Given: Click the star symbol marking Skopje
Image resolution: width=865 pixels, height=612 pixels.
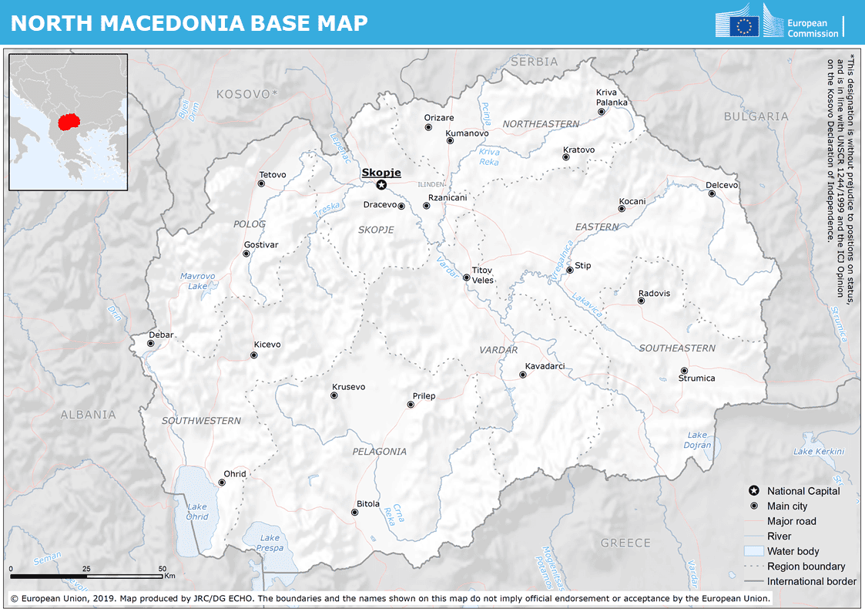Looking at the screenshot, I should tap(381, 185).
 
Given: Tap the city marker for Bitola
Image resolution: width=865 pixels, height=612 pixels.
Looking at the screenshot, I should tap(357, 513).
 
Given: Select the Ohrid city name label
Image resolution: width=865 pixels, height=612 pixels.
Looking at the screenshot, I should tap(235, 473).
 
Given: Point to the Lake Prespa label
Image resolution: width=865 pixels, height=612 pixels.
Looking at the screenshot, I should tap(270, 543).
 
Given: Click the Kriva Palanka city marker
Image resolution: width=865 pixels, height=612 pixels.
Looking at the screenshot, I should tap(602, 112).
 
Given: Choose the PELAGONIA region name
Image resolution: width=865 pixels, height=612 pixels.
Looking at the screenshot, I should tap(379, 452).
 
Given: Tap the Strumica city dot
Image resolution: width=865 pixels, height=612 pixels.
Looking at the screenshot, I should tap(684, 371).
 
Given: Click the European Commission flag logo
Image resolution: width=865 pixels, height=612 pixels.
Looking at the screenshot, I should tap(744, 26).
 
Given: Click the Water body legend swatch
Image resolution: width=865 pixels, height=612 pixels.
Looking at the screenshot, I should tap(753, 551).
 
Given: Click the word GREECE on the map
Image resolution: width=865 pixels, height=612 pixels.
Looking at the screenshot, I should tap(625, 543).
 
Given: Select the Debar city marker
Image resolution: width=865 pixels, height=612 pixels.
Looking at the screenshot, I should tap(151, 344).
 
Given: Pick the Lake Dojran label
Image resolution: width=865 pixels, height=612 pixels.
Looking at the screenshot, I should tap(697, 440).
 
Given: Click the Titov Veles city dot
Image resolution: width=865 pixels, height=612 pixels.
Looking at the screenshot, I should tap(466, 277).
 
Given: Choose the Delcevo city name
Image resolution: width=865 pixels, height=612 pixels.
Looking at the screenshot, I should tap(722, 185).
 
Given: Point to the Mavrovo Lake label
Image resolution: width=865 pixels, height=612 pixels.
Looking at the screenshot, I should tap(198, 281).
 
